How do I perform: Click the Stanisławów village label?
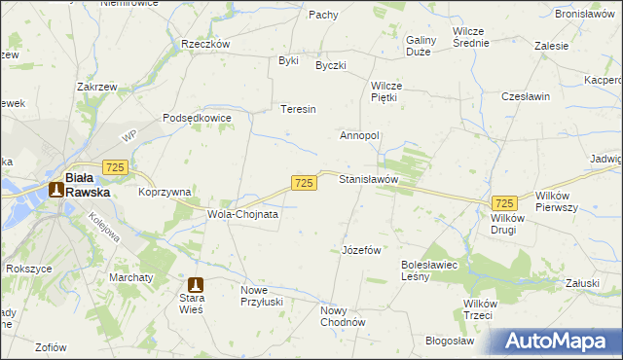[368, 180]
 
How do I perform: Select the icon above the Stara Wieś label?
[196, 285]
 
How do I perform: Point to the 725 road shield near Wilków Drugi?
[503, 202]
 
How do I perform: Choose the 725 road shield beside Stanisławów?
[304, 183]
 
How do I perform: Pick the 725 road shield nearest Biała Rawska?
[115, 169]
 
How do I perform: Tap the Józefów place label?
[360, 250]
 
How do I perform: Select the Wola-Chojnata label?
[242, 214]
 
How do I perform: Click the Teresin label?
[298, 109]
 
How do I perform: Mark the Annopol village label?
[358, 135]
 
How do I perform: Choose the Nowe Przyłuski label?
[267, 296]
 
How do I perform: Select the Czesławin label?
[526, 97]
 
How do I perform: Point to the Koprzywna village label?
[164, 193]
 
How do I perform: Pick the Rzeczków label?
[204, 44]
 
